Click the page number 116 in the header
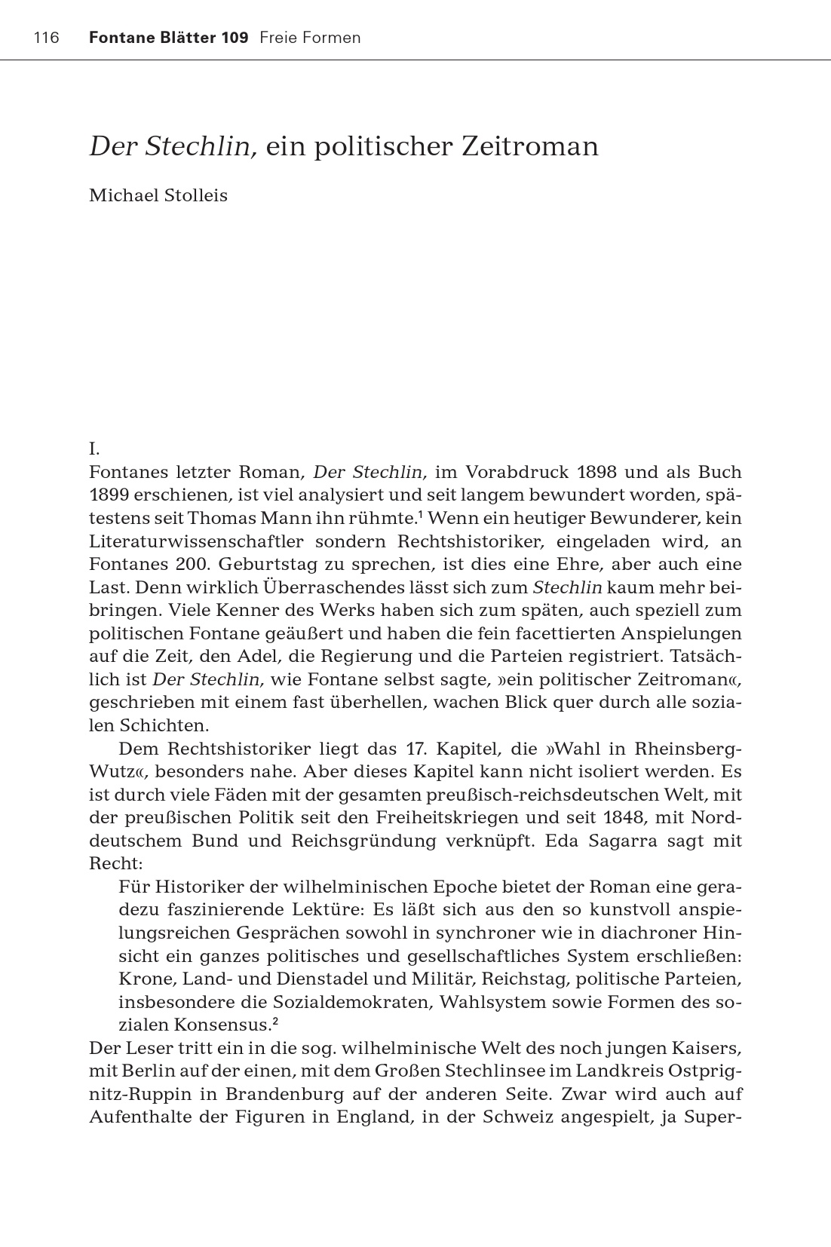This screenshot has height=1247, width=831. [46, 38]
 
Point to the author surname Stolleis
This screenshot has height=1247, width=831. [192, 195]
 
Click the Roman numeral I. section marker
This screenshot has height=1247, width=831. [94, 449]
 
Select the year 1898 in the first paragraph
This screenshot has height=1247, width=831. [596, 473]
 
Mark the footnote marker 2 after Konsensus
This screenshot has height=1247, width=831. [276, 1022]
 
